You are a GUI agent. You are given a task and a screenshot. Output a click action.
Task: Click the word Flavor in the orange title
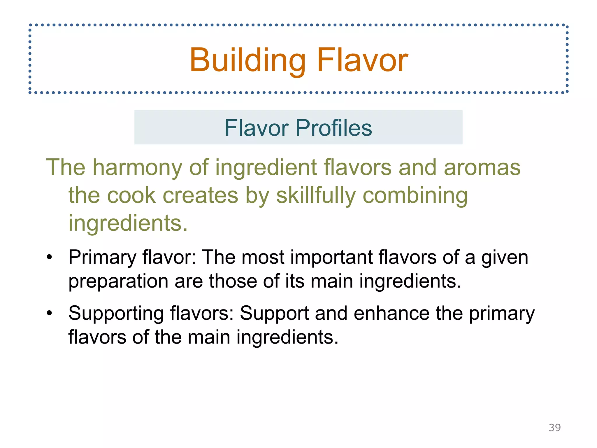(x=363, y=60)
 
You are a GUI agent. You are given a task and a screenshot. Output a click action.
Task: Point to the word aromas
(x=482, y=167)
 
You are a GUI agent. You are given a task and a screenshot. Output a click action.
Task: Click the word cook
(x=132, y=195)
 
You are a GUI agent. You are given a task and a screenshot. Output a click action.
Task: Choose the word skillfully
(x=316, y=195)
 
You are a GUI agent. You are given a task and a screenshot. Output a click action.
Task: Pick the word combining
(x=415, y=195)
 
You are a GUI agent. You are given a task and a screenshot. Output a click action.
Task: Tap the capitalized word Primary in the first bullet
(x=102, y=258)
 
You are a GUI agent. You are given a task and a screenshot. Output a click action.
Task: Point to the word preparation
(x=118, y=281)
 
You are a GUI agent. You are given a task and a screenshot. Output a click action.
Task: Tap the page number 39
(x=554, y=428)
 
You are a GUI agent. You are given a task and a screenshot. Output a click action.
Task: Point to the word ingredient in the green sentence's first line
(x=266, y=167)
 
